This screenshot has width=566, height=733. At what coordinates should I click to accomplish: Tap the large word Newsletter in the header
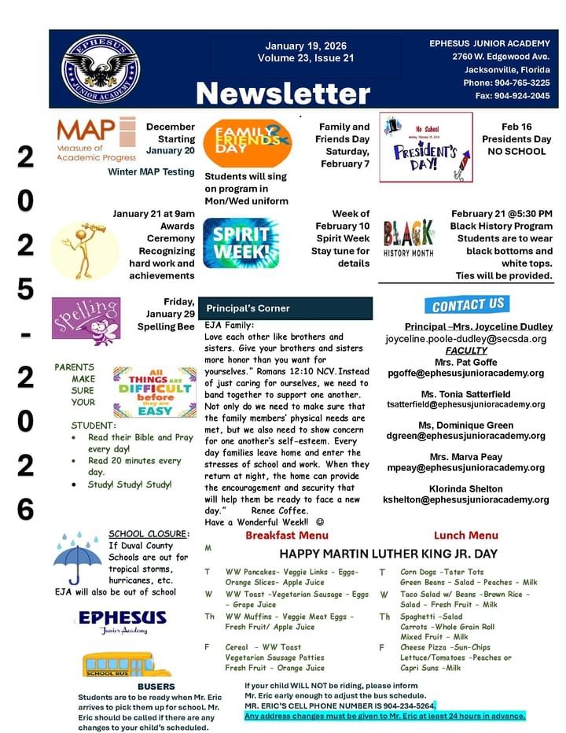click(x=282, y=94)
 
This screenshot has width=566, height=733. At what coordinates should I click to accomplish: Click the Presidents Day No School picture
click(x=426, y=147)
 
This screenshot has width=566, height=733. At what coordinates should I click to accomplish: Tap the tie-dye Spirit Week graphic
click(x=240, y=243)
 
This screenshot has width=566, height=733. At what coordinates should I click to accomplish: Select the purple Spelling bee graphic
click(x=86, y=322)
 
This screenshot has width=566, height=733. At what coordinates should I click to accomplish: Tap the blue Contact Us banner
click(x=469, y=304)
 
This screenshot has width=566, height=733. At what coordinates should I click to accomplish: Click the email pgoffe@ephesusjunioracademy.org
click(x=465, y=374)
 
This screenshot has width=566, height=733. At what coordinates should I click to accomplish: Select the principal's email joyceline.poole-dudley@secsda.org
click(x=465, y=339)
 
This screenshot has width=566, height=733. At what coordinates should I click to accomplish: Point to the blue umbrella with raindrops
click(x=77, y=557)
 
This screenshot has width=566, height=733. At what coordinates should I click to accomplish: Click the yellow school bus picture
click(x=115, y=665)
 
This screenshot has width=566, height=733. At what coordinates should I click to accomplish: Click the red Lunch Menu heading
click(x=465, y=536)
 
